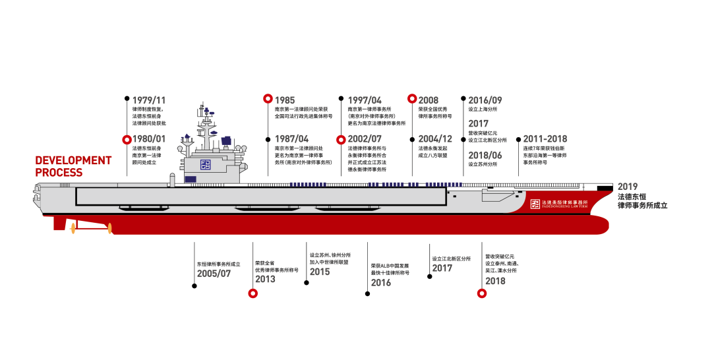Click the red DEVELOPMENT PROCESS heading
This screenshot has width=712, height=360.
tap(73, 166)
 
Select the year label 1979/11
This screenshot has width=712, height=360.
tap(148, 100)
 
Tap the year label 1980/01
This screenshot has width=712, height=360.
tap(149, 139)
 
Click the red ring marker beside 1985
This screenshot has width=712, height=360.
tap(268, 100)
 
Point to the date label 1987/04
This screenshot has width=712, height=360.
tap(291, 139)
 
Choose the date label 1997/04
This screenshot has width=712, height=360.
tap(365, 100)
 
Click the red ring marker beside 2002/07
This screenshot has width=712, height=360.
tap(341, 139)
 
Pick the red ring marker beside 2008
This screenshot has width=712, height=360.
tap(412, 100)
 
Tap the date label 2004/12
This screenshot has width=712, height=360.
tap(435, 139)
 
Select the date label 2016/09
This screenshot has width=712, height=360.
tap(485, 100)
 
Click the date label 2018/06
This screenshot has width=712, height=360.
tap(485, 155)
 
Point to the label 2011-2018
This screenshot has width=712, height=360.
tap(545, 139)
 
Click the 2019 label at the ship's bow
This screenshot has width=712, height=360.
tap(628, 187)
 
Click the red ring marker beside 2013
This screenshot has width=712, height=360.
tap(252, 293)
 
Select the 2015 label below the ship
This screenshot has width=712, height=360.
tap(320, 271)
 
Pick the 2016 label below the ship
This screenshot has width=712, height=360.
tap(380, 283)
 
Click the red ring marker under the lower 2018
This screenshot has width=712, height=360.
tap(481, 293)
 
